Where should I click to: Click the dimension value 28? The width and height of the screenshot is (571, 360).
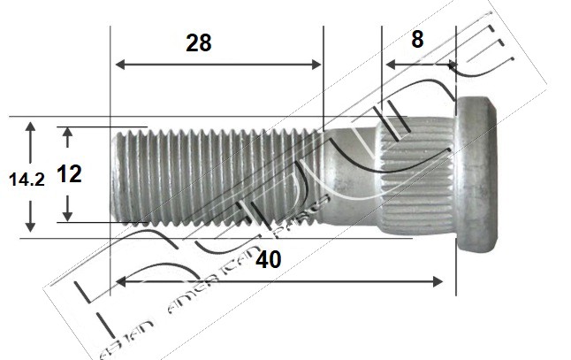click(199, 43)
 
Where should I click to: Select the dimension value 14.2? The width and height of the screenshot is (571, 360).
click(27, 180)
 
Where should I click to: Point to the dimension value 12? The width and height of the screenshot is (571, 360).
click(69, 173)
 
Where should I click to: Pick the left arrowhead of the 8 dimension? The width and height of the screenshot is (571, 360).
click(388, 64)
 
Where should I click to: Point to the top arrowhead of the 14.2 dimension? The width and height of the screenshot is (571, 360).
click(31, 127)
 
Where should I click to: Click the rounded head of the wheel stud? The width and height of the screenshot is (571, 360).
click(478, 177)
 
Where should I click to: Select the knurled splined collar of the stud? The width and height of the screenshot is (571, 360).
click(415, 177)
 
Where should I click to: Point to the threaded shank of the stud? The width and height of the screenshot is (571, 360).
click(221, 177)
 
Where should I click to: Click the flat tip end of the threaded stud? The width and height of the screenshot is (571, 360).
click(116, 177)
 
